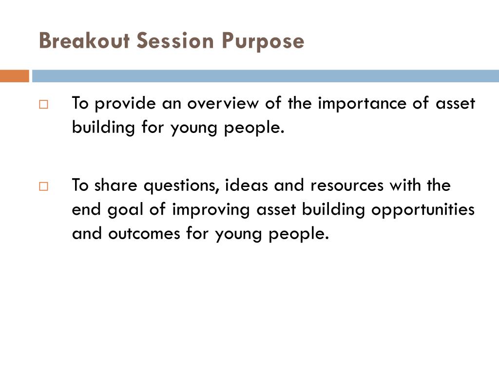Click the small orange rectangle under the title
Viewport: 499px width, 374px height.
(14, 76)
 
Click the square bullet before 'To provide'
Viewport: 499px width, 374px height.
(43, 104)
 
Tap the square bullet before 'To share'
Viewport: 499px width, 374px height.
(43, 186)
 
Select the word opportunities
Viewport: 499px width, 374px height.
(423, 210)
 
